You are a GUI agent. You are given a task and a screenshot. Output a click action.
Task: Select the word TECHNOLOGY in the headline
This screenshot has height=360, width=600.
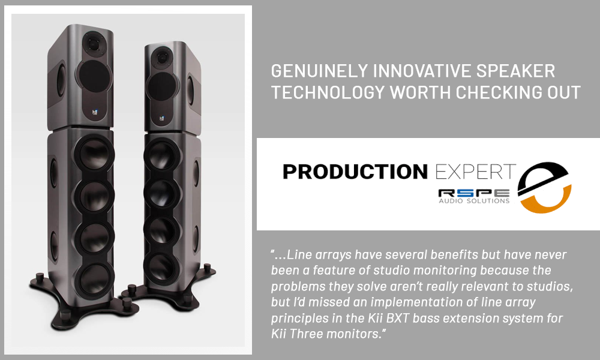(328, 92)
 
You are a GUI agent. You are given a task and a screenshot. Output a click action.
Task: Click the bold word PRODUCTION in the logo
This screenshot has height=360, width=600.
(355, 172)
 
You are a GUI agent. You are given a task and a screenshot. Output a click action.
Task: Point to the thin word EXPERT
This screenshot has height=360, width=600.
(476, 172)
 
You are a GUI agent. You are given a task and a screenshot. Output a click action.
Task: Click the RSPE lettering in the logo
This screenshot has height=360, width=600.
(474, 193)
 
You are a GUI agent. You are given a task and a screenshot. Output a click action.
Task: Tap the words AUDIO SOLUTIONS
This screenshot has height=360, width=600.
(474, 201)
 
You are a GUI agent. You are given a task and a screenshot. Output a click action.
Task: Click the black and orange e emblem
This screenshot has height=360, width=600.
(544, 187)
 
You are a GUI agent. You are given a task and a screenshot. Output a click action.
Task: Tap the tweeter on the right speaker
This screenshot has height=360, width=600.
(162, 58)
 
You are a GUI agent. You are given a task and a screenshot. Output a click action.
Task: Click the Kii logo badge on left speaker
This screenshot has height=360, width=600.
(95, 112)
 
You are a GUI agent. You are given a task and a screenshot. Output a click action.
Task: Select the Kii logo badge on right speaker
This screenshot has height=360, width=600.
(162, 119)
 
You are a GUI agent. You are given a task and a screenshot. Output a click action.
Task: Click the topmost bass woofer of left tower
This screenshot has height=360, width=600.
(94, 154)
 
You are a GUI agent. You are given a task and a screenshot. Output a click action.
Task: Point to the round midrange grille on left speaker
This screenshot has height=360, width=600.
(94, 76)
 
